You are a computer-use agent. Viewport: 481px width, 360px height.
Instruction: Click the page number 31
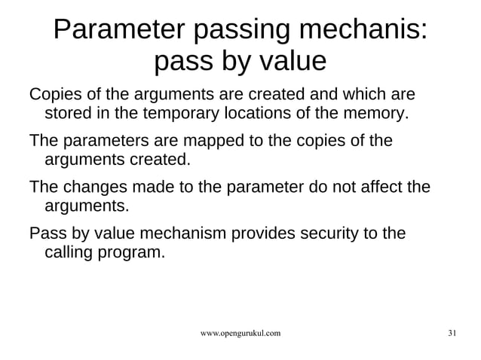[x=452, y=333]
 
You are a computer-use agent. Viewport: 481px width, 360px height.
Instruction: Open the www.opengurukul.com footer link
[x=240, y=333]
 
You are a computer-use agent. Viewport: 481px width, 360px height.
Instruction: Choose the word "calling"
[x=71, y=252]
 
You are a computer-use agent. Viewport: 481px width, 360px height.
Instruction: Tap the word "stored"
[x=67, y=114]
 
